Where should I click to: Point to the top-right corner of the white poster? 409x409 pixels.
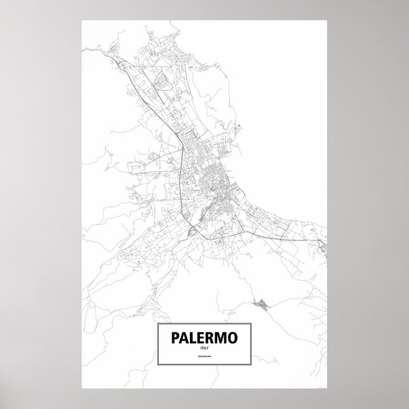pos(327,20)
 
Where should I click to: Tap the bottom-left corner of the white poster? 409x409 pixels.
pos(82,389)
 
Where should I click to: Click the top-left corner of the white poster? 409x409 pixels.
pos(82,20)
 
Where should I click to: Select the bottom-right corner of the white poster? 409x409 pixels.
pos(327,389)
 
